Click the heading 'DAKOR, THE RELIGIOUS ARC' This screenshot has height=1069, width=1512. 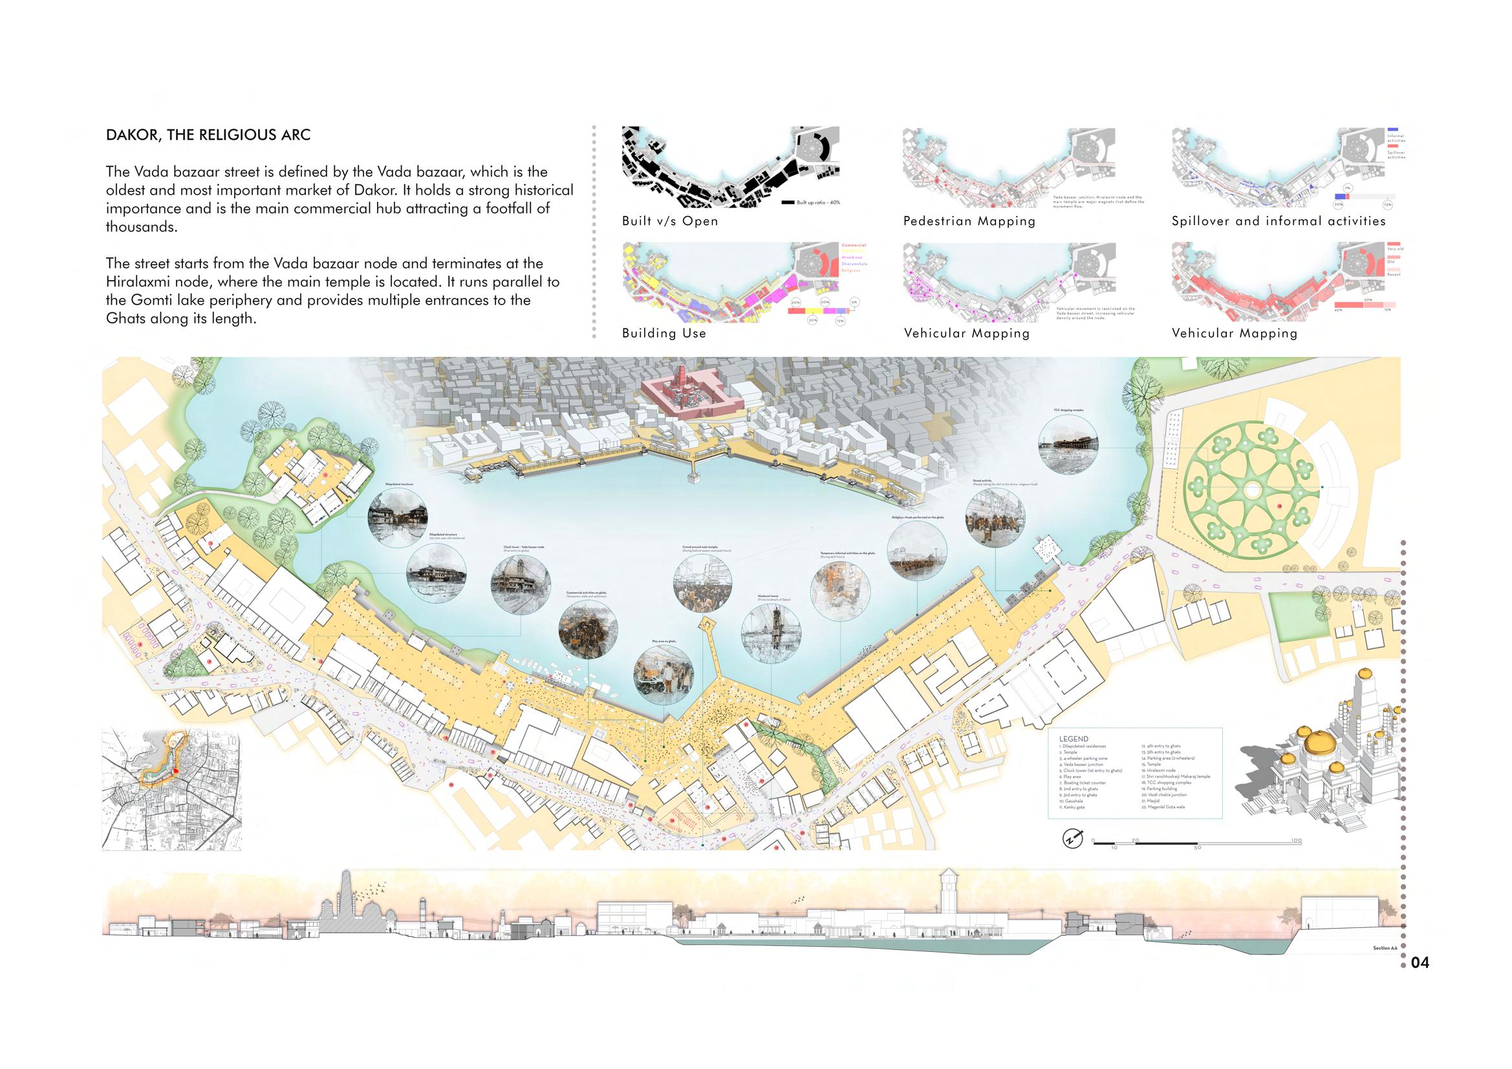click(x=208, y=136)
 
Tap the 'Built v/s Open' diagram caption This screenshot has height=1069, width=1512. click(x=670, y=221)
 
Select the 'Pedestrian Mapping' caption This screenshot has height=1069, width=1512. click(x=969, y=221)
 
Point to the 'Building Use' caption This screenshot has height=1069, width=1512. click(x=664, y=333)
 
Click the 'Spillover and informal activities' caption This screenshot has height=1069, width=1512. click(x=1279, y=221)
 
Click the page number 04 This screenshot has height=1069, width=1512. click(x=1420, y=963)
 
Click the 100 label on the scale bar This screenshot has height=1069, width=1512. click(x=1296, y=841)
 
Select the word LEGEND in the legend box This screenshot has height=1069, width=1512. click(x=1074, y=739)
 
